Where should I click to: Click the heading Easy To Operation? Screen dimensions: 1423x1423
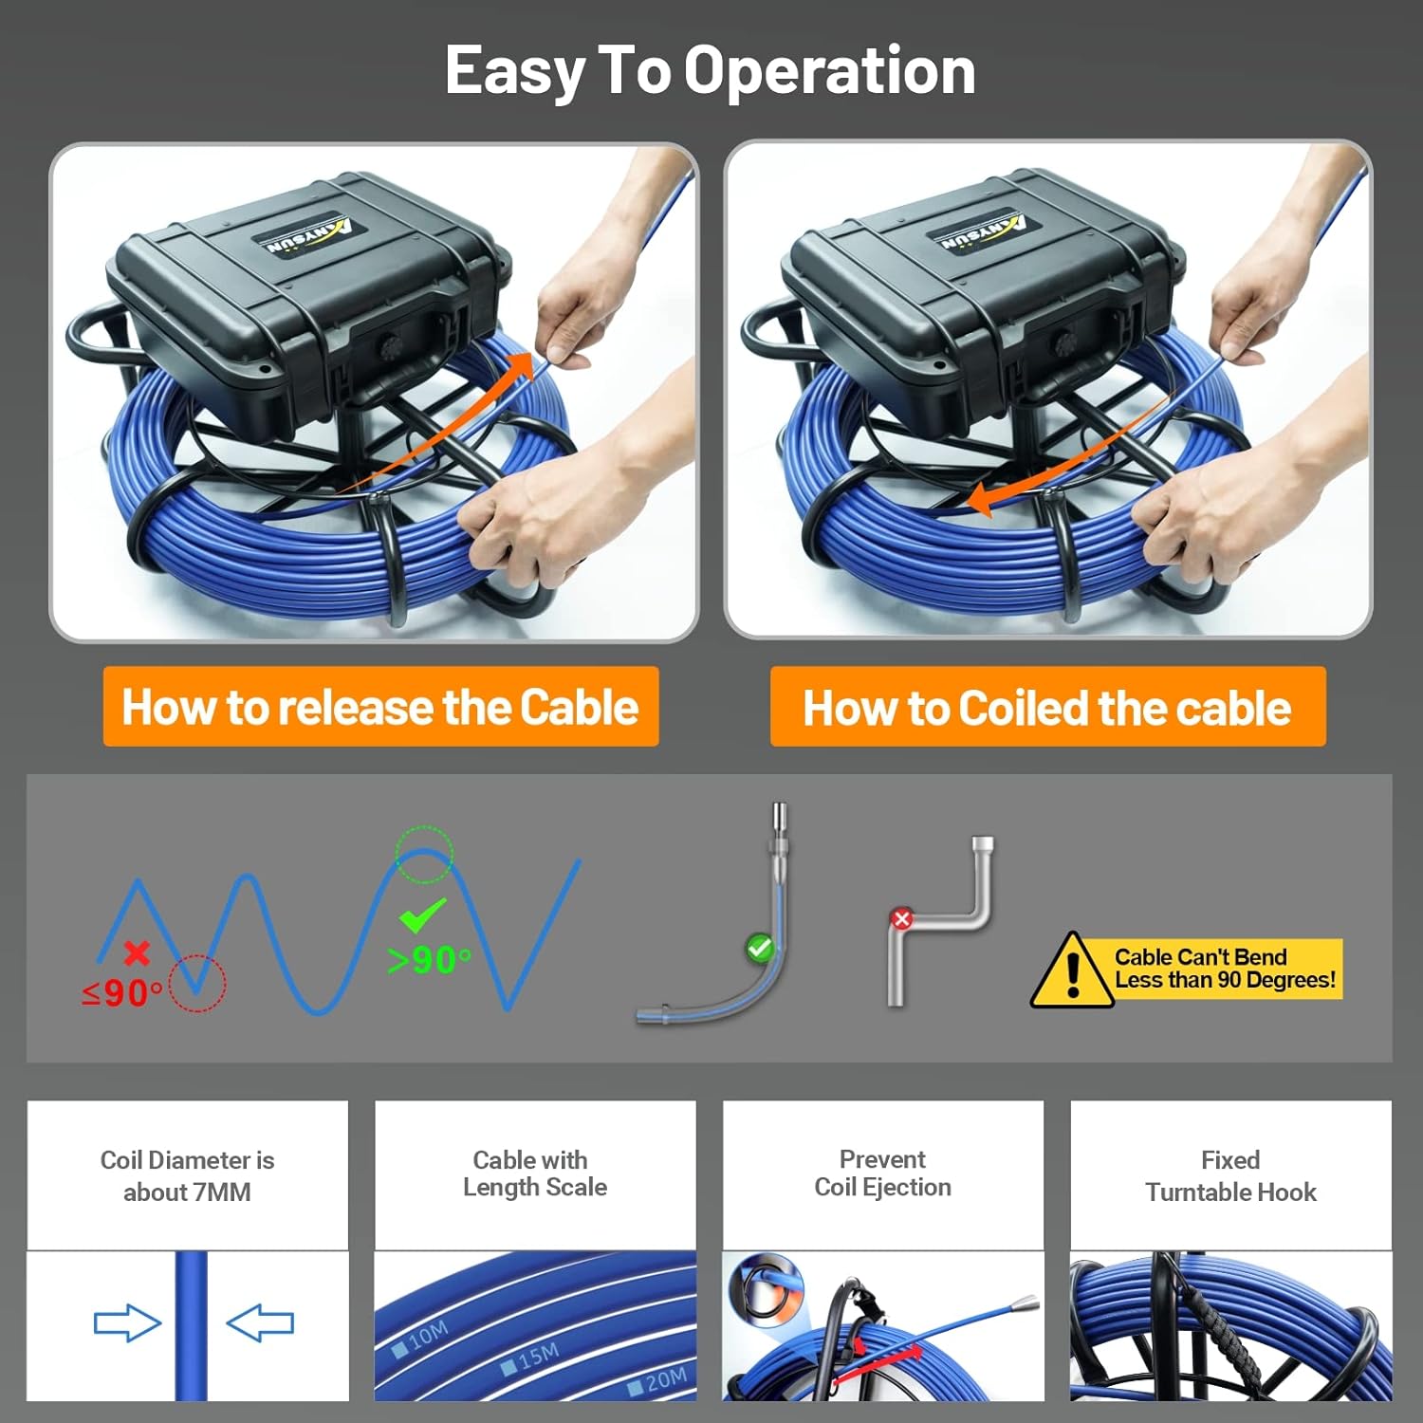pos(711,71)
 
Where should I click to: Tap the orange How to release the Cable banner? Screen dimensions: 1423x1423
pos(380,707)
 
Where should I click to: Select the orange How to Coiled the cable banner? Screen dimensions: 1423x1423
pos(1047,707)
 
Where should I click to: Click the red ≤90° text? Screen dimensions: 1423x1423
pos(122,993)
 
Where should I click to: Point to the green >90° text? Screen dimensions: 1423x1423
pos(429,960)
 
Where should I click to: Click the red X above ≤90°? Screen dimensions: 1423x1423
pos(137,952)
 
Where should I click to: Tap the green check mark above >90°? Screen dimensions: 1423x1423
pos(422,915)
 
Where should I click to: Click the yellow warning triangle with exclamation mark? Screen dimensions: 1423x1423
pos(1072,970)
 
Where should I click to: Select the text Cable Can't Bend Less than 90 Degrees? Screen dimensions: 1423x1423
pos(1225,969)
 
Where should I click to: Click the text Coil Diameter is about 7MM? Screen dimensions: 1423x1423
pos(188,1176)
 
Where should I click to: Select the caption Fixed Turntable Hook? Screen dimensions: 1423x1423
pos(1230,1176)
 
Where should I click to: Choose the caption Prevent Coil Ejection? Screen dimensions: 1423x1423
pos(883,1174)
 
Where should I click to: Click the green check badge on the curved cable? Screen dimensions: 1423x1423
pos(760,947)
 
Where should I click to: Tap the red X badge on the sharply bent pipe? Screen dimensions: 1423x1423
pos(901,918)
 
